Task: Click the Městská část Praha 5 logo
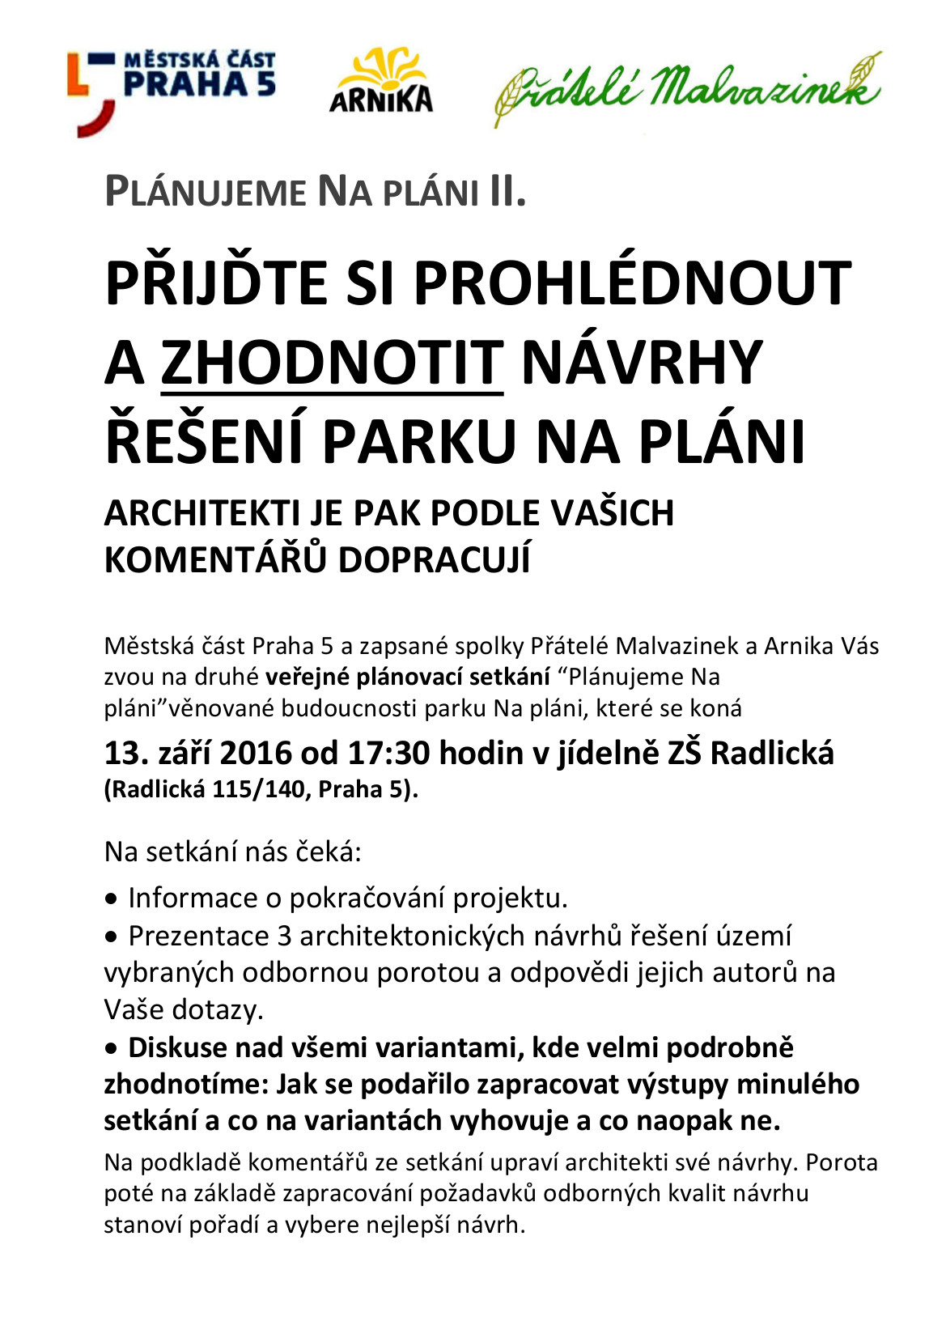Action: tap(172, 89)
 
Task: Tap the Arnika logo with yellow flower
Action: tap(380, 81)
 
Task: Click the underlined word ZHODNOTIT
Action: tap(332, 363)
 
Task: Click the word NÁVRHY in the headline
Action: tap(643, 363)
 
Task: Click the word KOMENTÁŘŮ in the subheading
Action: tap(214, 560)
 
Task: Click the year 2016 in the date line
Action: tap(256, 754)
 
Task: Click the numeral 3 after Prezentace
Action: tap(284, 936)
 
